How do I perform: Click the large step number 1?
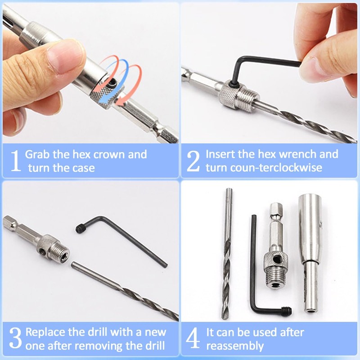[x=15, y=161]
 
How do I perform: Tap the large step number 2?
[x=193, y=161]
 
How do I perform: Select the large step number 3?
[x=15, y=339]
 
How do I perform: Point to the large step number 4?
[x=193, y=339]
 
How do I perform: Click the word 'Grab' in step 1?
[x=36, y=155]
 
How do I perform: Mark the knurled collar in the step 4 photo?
[x=274, y=260]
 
